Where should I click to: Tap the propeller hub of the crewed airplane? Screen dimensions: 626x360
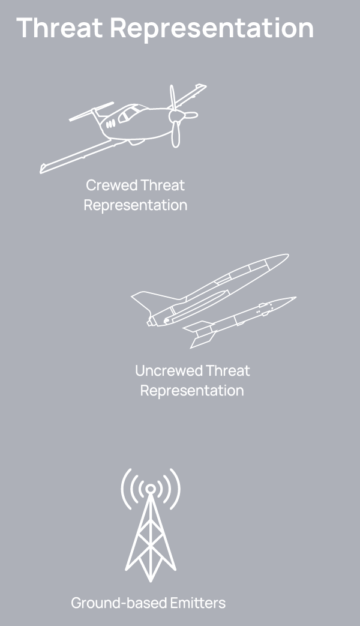click(175, 115)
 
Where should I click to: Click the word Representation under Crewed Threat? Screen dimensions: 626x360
click(135, 205)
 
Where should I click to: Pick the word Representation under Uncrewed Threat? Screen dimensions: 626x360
click(192, 391)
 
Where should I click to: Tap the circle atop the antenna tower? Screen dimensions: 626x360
click(151, 489)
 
